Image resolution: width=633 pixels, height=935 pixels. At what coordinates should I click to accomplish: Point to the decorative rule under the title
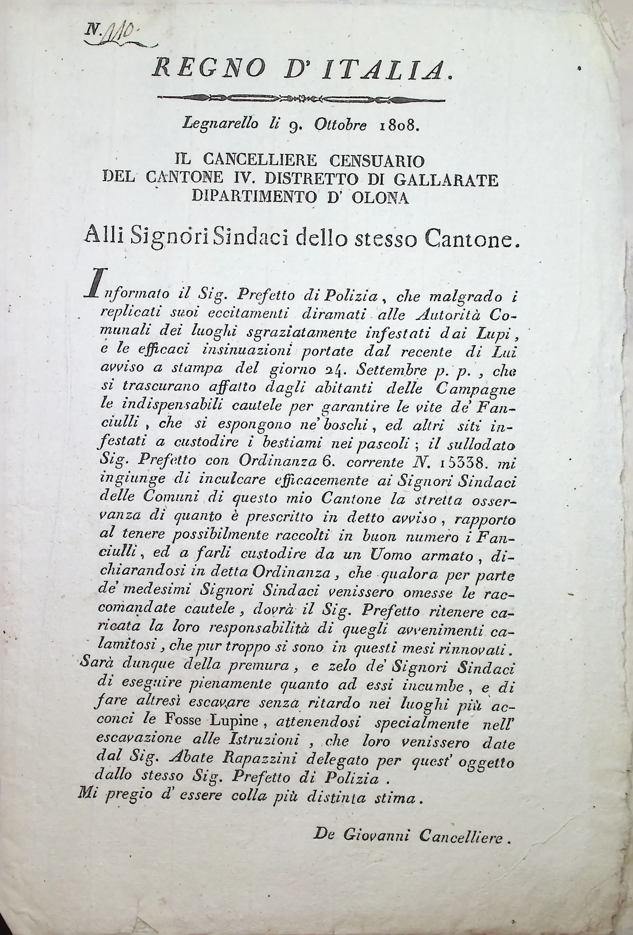click(x=301, y=98)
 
